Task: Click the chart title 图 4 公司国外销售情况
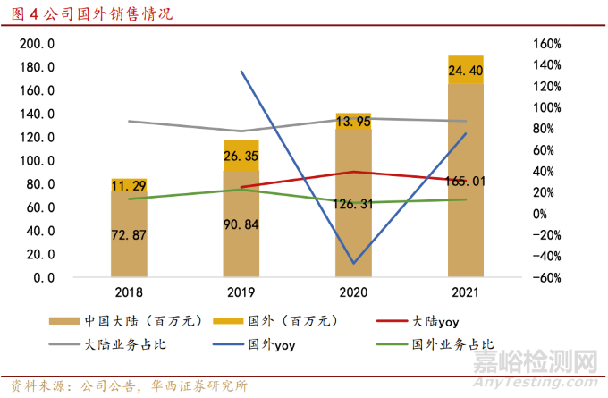click(89, 15)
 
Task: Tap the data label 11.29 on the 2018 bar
click(129, 186)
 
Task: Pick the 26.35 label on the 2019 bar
click(241, 157)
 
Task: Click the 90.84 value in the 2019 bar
click(241, 224)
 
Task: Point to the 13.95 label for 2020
click(353, 122)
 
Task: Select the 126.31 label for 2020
click(353, 203)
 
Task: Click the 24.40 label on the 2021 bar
click(465, 70)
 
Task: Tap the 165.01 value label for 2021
click(465, 182)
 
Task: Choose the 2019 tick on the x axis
click(241, 292)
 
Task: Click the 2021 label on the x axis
click(465, 292)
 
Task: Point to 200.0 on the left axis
click(38, 44)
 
